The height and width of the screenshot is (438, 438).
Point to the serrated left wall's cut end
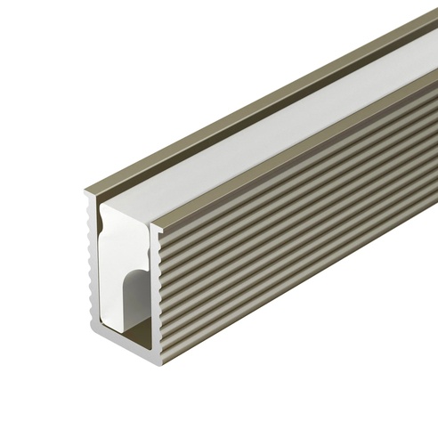93,267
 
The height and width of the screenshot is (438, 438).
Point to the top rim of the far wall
267,98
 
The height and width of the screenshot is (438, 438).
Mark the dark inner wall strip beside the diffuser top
267,117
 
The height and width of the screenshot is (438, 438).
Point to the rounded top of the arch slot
134,276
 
